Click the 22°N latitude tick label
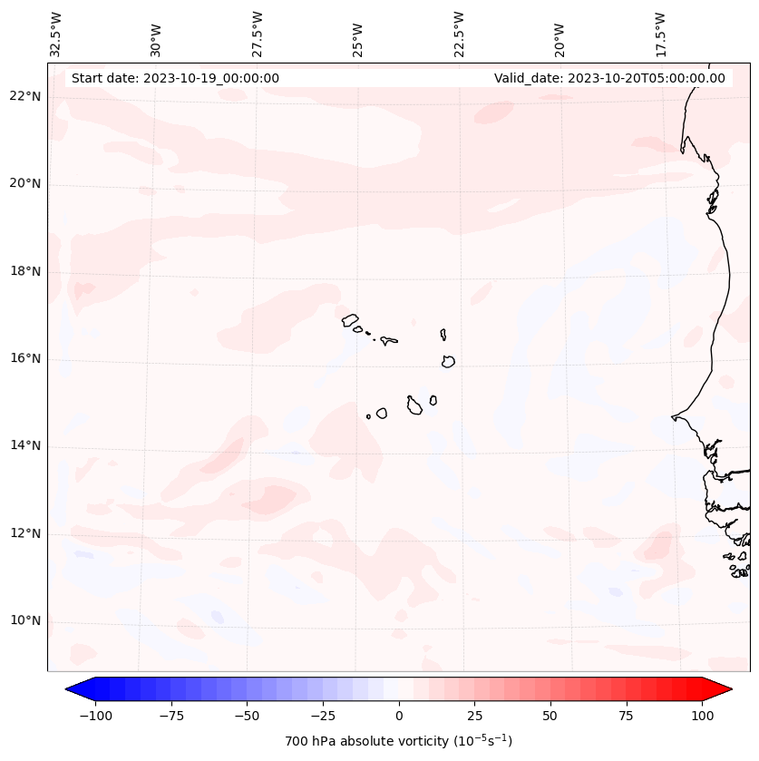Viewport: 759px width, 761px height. coord(25,97)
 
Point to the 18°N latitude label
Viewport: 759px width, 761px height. coord(25,271)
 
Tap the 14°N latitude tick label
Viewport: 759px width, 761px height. coord(25,445)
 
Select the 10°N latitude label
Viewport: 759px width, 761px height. coord(25,620)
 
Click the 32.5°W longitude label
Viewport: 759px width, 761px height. coord(56,34)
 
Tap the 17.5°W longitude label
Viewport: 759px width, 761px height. coord(660,34)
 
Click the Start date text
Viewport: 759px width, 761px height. coord(175,78)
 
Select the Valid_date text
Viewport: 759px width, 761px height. coord(609,78)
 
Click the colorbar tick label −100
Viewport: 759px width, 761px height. coord(92,716)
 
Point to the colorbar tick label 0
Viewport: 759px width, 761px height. coord(399,716)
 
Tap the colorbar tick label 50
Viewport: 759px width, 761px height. coord(550,716)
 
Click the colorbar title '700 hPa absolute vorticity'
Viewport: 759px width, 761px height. coord(398,741)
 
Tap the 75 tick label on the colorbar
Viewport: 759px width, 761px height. coord(626,716)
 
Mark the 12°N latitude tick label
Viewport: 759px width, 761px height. coord(25,533)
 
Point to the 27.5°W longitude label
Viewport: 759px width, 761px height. coord(258,34)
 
